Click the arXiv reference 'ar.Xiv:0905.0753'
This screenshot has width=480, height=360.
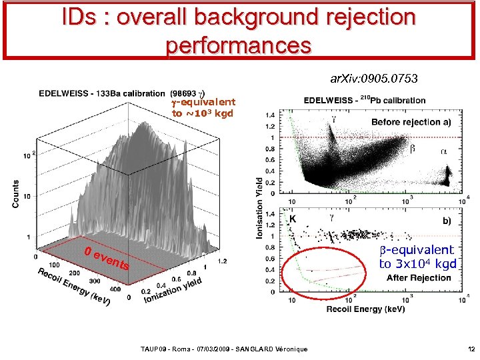[374, 79]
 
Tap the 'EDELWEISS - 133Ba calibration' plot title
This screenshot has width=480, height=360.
[101, 93]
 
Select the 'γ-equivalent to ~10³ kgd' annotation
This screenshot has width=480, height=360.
[203, 107]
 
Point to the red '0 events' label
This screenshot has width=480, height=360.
[107, 259]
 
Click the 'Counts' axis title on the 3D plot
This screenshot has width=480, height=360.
[15, 193]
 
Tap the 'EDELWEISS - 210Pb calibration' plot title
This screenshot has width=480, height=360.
[365, 101]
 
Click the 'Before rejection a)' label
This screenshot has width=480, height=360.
[411, 122]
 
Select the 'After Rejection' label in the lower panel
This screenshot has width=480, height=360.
[418, 277]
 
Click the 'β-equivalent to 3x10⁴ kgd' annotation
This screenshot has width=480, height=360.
[417, 257]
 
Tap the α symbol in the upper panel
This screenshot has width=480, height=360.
[444, 151]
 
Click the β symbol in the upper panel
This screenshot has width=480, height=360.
[412, 149]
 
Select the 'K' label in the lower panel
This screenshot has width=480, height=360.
[292, 218]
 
